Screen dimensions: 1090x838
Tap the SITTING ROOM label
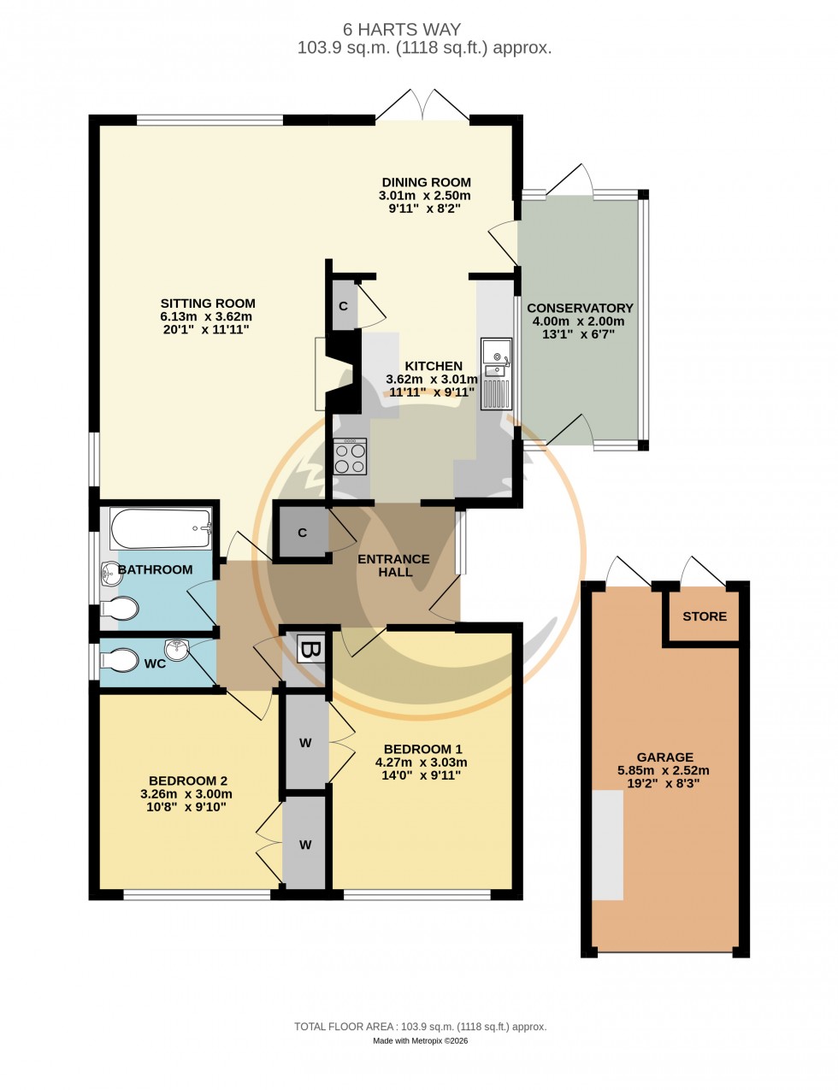(x=208, y=303)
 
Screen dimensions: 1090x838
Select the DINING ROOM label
(x=426, y=182)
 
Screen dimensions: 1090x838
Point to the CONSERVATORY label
(x=580, y=309)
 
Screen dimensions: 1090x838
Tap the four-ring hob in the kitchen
(x=349, y=457)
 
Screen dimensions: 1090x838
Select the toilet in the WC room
(x=118, y=661)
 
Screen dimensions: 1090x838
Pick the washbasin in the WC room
(x=177, y=651)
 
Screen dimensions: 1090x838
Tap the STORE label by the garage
(x=705, y=616)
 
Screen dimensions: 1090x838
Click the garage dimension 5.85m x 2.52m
(x=664, y=770)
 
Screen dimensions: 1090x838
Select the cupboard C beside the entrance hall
(x=302, y=533)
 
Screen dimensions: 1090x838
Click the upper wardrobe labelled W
(x=305, y=742)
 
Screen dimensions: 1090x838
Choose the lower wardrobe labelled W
(x=305, y=845)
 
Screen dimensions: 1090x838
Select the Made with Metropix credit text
(x=420, y=1040)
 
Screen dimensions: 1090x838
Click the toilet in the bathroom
(x=119, y=609)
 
